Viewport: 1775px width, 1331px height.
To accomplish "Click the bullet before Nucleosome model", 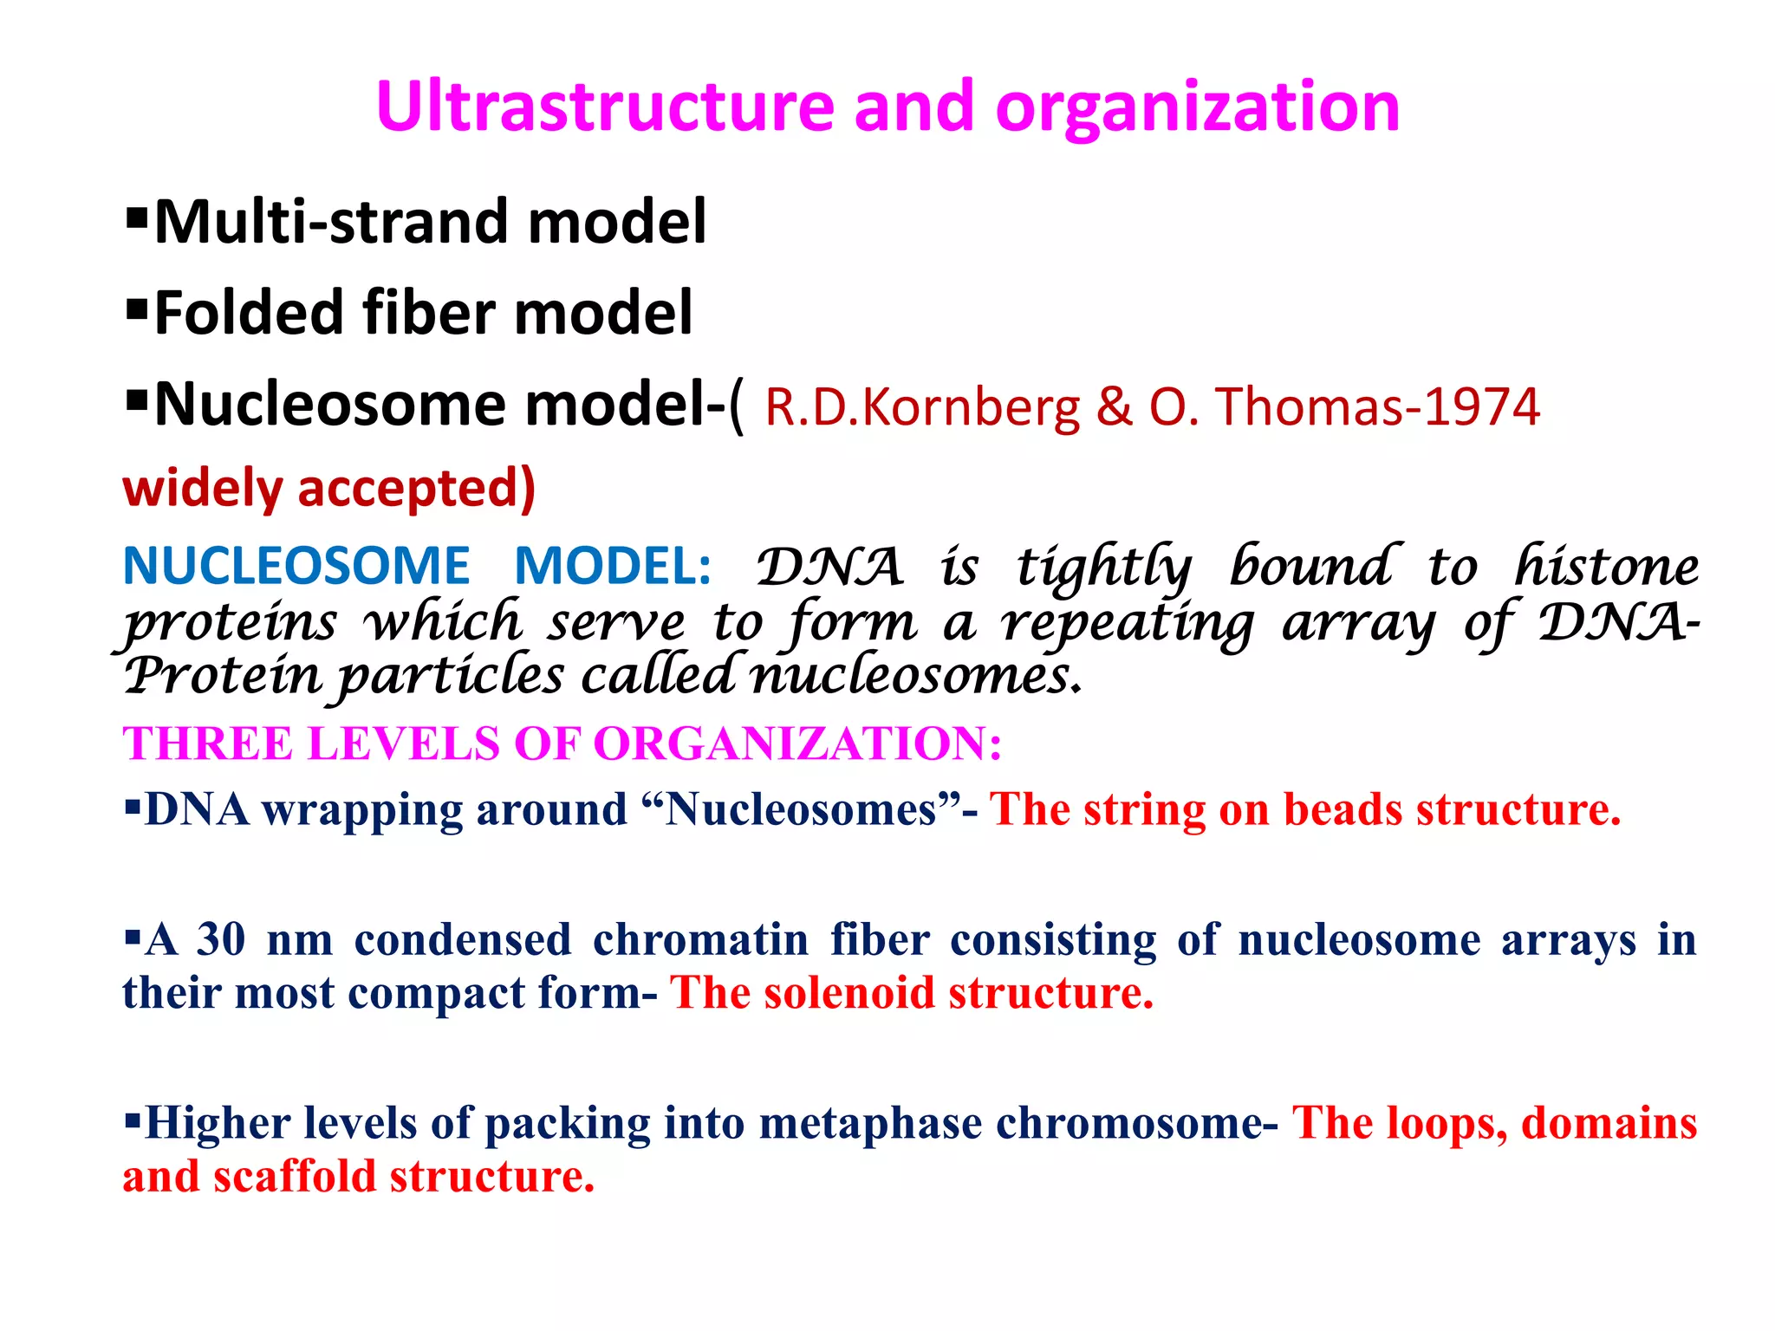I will [x=137, y=399].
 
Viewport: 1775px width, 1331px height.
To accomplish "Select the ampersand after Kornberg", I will [x=1114, y=407].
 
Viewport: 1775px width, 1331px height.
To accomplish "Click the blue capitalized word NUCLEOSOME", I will [x=296, y=567].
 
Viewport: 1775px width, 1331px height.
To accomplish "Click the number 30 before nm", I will [x=221, y=940].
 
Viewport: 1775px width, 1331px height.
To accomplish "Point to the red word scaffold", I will [x=294, y=1178].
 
